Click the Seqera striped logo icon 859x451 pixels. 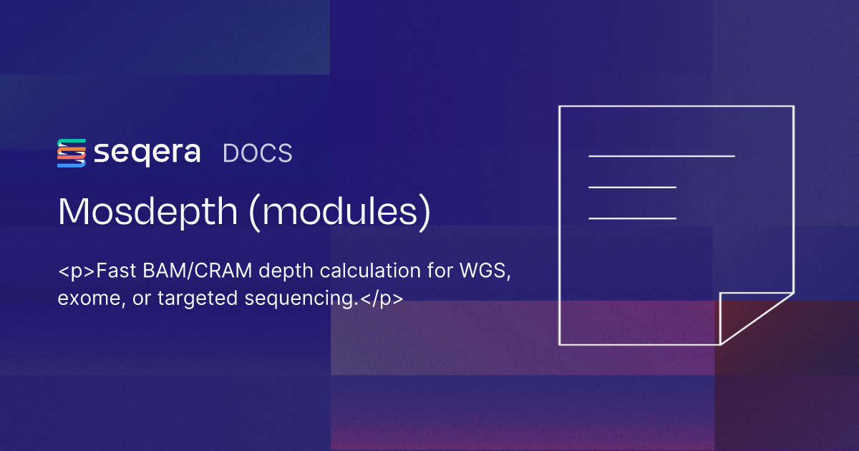(x=72, y=153)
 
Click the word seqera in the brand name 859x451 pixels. (x=147, y=153)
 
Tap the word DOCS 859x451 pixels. (x=258, y=154)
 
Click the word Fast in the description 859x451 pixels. (x=116, y=272)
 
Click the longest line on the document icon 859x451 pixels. (x=661, y=155)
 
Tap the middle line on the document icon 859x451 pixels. (x=632, y=187)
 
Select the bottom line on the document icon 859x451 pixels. (x=632, y=218)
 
